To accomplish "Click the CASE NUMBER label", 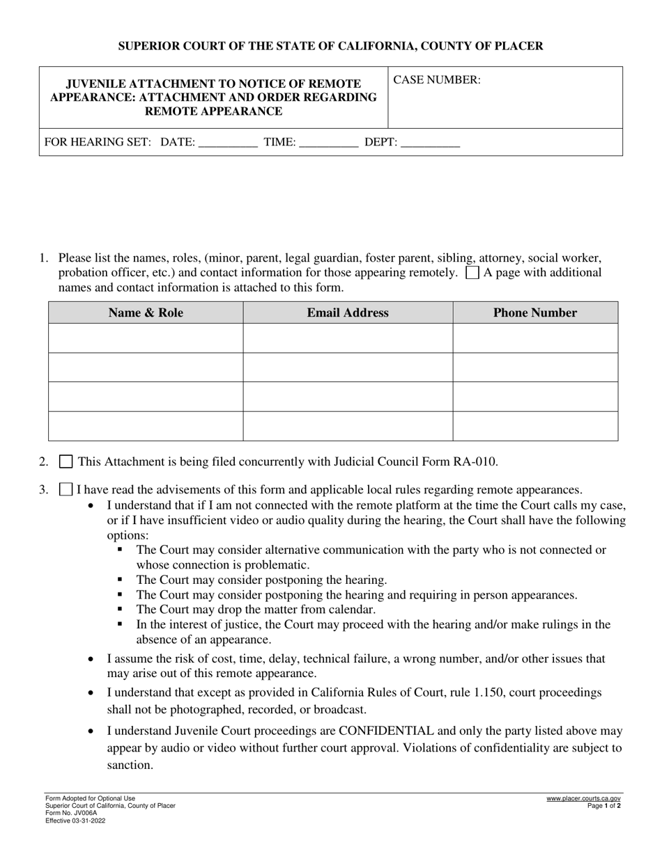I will (x=437, y=80).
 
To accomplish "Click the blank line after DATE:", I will (x=228, y=143).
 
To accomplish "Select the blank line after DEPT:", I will (x=431, y=143).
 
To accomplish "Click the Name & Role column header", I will (x=146, y=313).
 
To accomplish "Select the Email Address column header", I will (x=348, y=313).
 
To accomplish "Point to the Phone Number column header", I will (x=535, y=313).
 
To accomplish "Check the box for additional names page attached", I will (x=472, y=273).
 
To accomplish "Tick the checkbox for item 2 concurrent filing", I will (x=66, y=461).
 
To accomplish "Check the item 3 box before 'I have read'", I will (x=66, y=490).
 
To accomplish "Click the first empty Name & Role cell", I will (x=146, y=338).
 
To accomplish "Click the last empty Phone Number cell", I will (x=535, y=426).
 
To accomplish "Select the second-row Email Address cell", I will (x=348, y=367).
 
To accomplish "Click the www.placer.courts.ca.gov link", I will (x=583, y=799).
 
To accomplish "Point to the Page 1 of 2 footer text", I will (x=603, y=806).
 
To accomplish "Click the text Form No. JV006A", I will (x=71, y=813).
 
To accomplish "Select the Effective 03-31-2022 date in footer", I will (x=76, y=821).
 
